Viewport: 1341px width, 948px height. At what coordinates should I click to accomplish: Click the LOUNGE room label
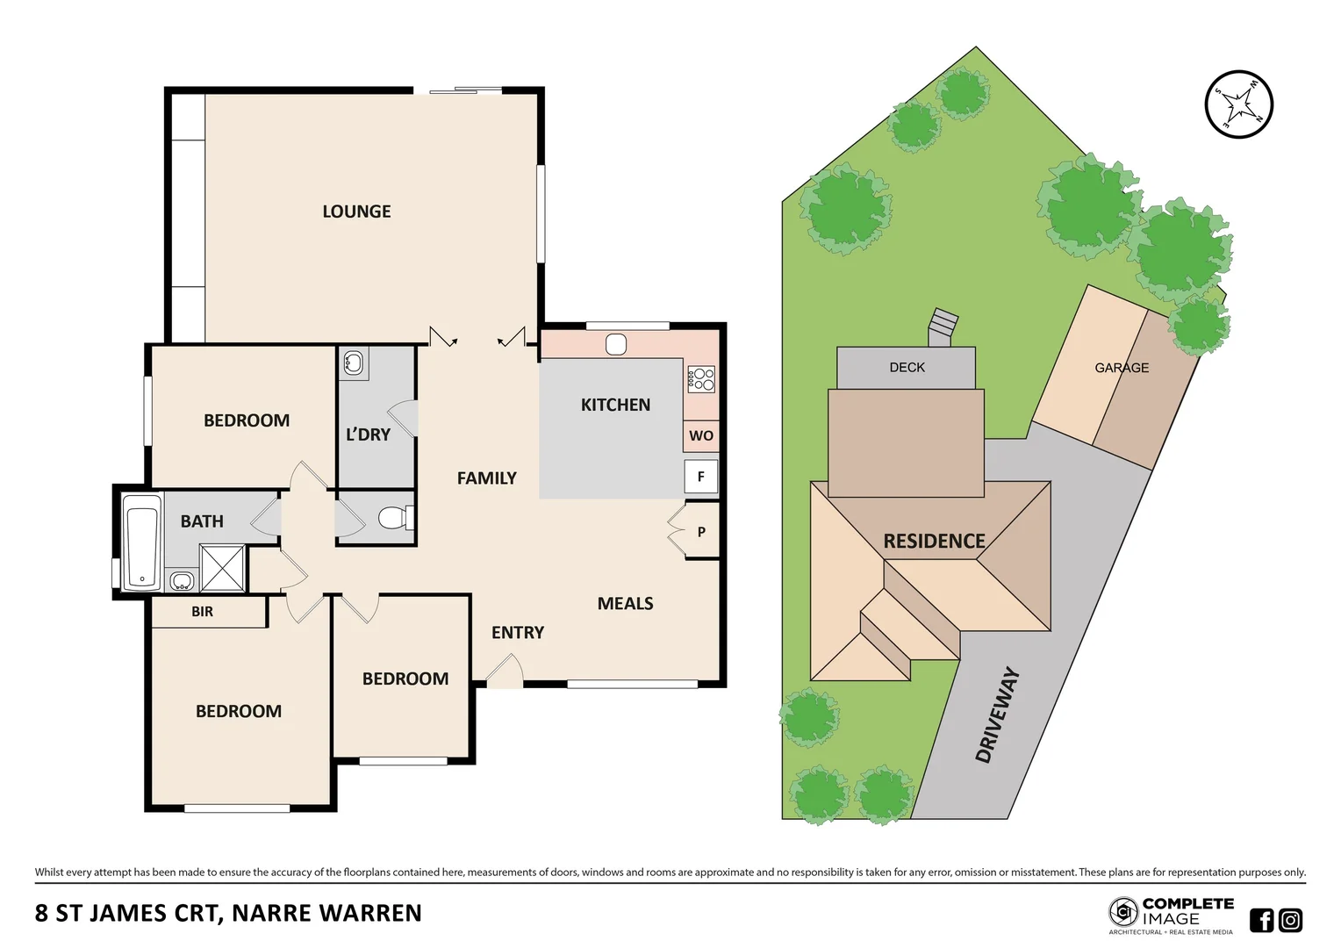[x=356, y=212]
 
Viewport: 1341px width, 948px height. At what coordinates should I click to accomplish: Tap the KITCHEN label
[x=615, y=405]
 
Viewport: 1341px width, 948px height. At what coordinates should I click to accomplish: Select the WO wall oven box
[x=700, y=435]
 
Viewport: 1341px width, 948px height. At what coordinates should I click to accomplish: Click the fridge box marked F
[x=700, y=477]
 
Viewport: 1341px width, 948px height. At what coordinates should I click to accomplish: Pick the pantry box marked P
[x=701, y=532]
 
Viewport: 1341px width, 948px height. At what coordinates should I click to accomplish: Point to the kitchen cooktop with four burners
[x=701, y=379]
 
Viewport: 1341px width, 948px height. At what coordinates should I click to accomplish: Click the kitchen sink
[x=616, y=344]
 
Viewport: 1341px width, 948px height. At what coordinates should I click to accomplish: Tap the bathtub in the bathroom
[x=142, y=542]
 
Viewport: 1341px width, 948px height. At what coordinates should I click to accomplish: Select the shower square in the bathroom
[x=222, y=568]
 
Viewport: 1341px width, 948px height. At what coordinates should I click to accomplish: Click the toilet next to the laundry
[x=394, y=518]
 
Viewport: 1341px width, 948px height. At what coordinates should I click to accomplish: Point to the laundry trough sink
[x=354, y=362]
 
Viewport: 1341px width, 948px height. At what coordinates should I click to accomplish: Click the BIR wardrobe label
[x=202, y=612]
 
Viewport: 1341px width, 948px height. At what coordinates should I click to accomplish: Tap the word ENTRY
[x=518, y=632]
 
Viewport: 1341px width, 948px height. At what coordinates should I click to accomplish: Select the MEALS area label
[x=625, y=603]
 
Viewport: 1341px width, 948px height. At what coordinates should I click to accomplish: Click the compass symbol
[x=1238, y=104]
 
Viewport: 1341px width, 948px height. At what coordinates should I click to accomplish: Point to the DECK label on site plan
[x=907, y=367]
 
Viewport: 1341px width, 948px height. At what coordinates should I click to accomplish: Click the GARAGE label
[x=1121, y=368]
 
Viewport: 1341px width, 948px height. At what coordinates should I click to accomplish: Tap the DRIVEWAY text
[x=998, y=715]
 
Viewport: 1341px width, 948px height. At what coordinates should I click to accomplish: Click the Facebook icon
[x=1261, y=920]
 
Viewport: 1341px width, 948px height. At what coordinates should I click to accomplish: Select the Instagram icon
[x=1290, y=920]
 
